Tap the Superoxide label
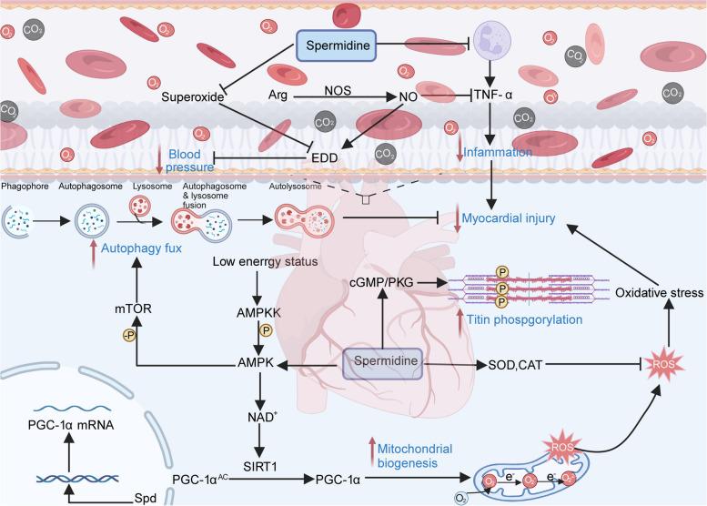click(193, 96)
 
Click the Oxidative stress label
click(649, 293)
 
